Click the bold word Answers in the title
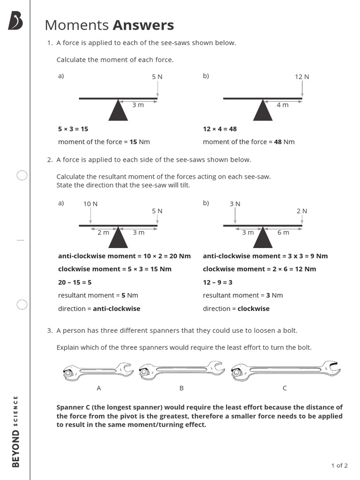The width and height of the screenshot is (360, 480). (x=143, y=25)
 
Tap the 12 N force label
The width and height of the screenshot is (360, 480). (x=302, y=77)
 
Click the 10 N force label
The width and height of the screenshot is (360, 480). (x=90, y=204)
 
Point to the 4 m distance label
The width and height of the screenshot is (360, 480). (x=283, y=105)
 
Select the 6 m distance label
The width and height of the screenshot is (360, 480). (x=283, y=232)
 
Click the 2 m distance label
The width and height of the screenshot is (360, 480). (x=103, y=232)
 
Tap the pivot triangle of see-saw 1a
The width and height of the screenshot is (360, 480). (x=118, y=111)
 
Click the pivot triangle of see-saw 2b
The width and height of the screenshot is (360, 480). (x=263, y=238)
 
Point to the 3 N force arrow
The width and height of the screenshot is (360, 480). (x=235, y=216)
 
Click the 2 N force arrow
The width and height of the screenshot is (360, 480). (x=302, y=219)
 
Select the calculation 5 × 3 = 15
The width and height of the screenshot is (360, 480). (x=73, y=129)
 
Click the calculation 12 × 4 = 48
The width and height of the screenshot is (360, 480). (x=220, y=129)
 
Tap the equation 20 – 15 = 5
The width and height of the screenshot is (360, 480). (x=75, y=282)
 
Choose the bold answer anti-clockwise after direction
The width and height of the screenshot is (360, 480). (x=117, y=308)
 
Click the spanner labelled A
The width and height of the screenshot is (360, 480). (x=98, y=372)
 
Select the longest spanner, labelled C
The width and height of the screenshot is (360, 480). (x=285, y=371)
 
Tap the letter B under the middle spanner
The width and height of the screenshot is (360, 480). (x=181, y=388)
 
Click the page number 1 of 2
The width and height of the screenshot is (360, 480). (x=339, y=465)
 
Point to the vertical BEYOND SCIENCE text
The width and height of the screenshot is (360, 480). (x=16, y=431)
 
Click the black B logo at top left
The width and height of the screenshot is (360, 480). (x=15, y=21)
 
